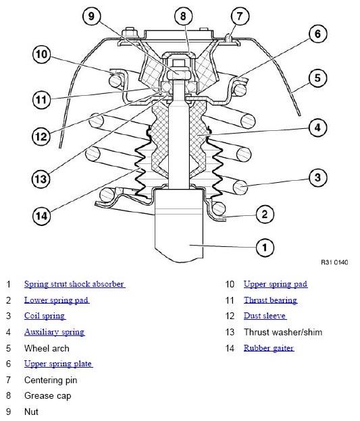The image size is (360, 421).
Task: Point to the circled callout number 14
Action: tap(41, 217)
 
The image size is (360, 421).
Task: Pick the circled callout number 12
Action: tap(41, 136)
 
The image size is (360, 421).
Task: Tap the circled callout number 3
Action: tap(317, 178)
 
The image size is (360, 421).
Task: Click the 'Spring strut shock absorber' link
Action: tap(74, 284)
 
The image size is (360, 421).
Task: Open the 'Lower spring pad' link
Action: tap(57, 300)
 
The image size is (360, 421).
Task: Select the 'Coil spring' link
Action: tap(45, 316)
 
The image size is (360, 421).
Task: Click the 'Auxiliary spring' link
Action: tap(54, 332)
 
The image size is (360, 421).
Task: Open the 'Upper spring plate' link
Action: tap(58, 364)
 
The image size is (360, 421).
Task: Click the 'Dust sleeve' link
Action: tap(265, 316)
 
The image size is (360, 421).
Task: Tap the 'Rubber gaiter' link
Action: tap(269, 348)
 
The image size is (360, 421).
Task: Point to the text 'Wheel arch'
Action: tap(47, 348)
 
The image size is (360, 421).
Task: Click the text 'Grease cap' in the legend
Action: tap(47, 396)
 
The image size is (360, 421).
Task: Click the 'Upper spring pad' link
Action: tap(275, 284)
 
